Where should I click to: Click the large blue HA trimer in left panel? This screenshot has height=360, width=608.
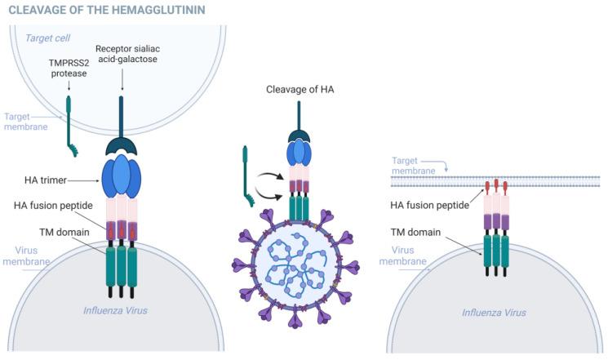point(122,176)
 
